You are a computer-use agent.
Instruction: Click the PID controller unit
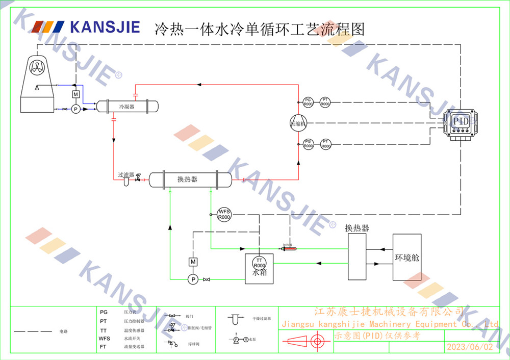pyautogui.click(x=461, y=122)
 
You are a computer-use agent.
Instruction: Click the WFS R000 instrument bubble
pyautogui.click(x=224, y=214)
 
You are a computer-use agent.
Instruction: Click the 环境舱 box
pyautogui.click(x=407, y=258)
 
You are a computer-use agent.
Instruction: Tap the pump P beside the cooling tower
pyautogui.click(x=75, y=109)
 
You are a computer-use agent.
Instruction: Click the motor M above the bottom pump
pyautogui.click(x=193, y=262)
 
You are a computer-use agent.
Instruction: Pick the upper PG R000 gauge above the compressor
pyautogui.click(x=308, y=102)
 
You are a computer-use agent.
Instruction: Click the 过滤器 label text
pyautogui.click(x=126, y=174)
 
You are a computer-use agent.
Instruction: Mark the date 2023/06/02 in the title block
pyautogui.click(x=470, y=347)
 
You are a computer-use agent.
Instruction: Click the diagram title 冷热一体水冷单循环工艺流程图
pyautogui.click(x=260, y=29)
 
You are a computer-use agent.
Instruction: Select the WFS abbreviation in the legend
pyautogui.click(x=105, y=338)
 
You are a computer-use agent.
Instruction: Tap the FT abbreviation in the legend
pyautogui.click(x=104, y=346)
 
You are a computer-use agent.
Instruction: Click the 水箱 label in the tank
pyautogui.click(x=260, y=273)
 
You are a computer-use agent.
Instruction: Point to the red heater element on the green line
pyautogui.click(x=290, y=249)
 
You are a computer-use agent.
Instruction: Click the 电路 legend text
pyautogui.click(x=63, y=331)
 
